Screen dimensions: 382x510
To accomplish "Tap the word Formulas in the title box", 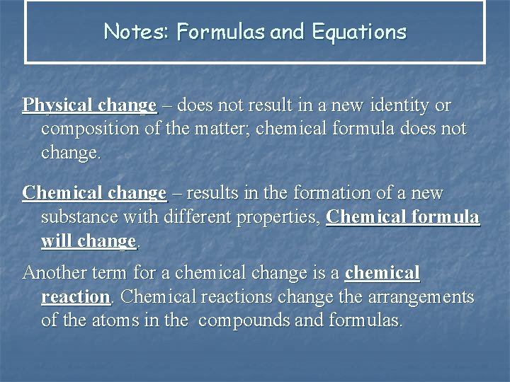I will tap(220, 32).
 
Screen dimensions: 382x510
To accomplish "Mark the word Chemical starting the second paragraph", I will tap(56, 192).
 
